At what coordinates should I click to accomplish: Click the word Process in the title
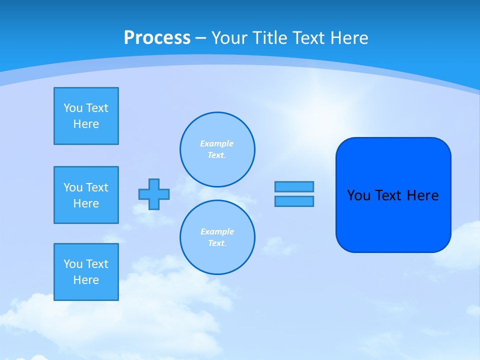pyautogui.click(x=157, y=38)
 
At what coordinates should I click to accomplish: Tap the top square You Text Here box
pyautogui.click(x=86, y=116)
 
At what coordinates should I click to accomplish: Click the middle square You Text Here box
pyautogui.click(x=86, y=195)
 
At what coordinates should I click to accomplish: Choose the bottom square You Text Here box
pyautogui.click(x=86, y=272)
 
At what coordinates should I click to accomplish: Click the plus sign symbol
pyautogui.click(x=154, y=194)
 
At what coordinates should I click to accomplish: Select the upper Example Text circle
pyautogui.click(x=217, y=149)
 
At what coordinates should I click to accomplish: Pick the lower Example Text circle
pyautogui.click(x=217, y=237)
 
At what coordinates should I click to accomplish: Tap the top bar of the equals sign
pyautogui.click(x=294, y=186)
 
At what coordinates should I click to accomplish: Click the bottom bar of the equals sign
pyautogui.click(x=294, y=201)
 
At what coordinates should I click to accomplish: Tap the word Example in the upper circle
pyautogui.click(x=216, y=143)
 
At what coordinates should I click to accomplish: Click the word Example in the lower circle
pyautogui.click(x=217, y=231)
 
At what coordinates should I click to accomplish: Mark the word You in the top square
pyautogui.click(x=73, y=108)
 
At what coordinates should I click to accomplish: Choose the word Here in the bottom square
pyautogui.click(x=86, y=280)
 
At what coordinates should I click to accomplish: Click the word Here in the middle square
pyautogui.click(x=86, y=203)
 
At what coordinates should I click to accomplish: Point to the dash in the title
pyautogui.click(x=200, y=38)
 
